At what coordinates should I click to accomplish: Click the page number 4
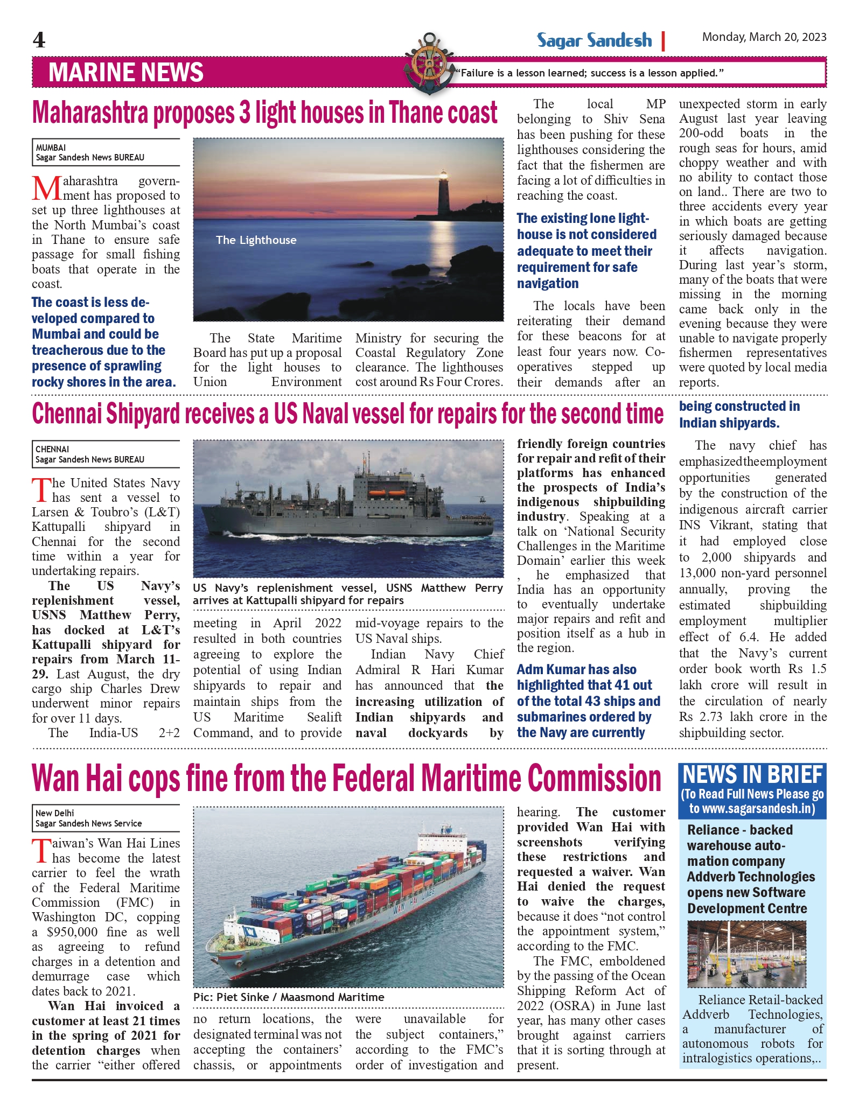[x=39, y=40]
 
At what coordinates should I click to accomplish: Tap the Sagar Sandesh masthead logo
[x=594, y=40]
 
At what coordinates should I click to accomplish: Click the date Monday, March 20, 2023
[x=764, y=37]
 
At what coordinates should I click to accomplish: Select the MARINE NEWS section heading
[x=126, y=73]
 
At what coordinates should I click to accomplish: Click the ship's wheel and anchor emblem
[x=429, y=64]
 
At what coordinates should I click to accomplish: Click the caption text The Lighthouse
[x=256, y=240]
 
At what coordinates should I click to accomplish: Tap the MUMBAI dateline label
[x=51, y=148]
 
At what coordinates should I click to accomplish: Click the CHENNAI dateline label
[x=52, y=449]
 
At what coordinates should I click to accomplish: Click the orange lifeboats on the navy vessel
[x=388, y=493]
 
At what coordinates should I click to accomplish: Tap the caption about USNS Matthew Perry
[x=348, y=594]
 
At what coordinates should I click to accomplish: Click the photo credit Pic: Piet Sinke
[x=289, y=997]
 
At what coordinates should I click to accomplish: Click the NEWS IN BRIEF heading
[x=752, y=775]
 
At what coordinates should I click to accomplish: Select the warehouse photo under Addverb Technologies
[x=746, y=954]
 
